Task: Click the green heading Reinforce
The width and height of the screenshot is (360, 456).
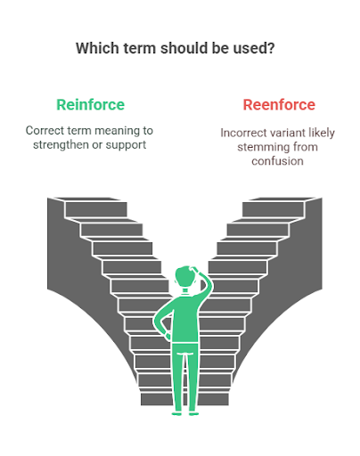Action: [90, 105]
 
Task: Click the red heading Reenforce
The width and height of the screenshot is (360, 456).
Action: [279, 105]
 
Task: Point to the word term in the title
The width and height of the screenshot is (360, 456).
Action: [139, 48]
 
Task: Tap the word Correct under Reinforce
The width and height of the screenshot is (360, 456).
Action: [45, 131]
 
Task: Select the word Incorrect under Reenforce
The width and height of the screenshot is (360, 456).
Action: [241, 133]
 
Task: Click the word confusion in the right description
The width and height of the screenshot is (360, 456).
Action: [277, 161]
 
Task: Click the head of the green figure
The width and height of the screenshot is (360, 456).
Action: [186, 277]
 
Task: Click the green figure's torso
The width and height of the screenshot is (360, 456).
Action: [185, 319]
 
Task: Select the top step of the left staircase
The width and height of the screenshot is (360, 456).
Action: [95, 208]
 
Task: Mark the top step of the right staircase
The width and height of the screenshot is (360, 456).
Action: [274, 208]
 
